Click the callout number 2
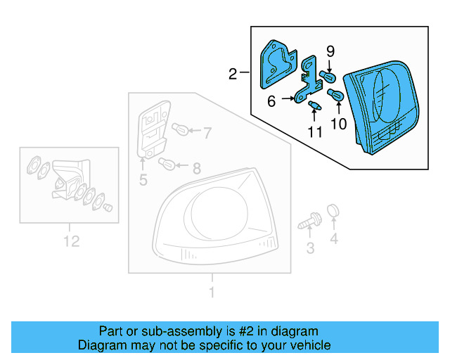click(232, 73)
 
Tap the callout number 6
click(271, 101)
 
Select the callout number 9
click(330, 51)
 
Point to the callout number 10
click(339, 124)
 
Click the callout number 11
click(314, 131)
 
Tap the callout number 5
click(143, 180)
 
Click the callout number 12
click(70, 241)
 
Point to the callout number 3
click(309, 247)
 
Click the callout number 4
click(334, 239)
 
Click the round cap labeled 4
click(334, 210)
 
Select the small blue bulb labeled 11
click(314, 106)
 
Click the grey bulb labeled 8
click(167, 165)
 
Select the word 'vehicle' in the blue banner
click(307, 345)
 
